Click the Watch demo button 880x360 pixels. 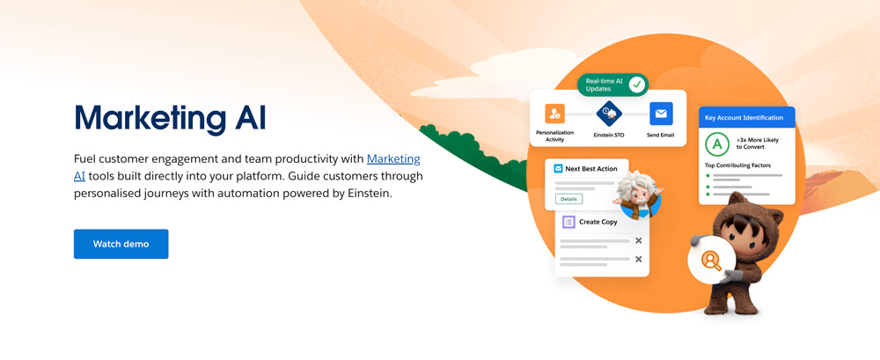[121, 244]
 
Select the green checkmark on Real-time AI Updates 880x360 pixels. [636, 84]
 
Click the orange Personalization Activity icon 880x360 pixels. [554, 114]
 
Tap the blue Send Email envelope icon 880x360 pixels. [661, 114]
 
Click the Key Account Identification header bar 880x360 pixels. [746, 118]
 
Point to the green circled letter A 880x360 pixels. [716, 145]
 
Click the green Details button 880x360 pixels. [568, 199]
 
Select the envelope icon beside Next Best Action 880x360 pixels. [558, 168]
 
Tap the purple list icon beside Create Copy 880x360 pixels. [568, 222]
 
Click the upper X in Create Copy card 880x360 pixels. [638, 241]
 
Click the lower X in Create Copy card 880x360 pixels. [638, 259]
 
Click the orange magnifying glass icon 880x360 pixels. [711, 260]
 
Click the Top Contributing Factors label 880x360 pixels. [737, 165]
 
